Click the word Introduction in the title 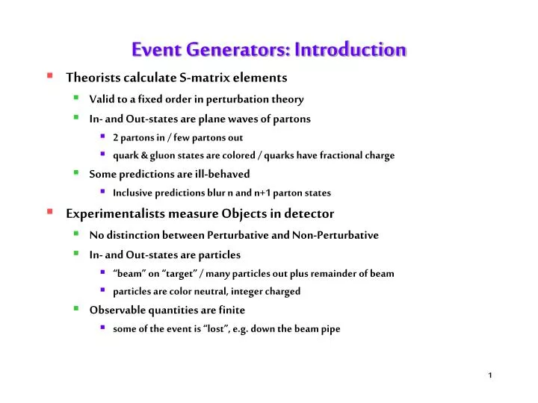click(350, 50)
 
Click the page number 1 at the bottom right click(489, 375)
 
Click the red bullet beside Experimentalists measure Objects click(49, 213)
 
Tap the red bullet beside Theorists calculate click(49, 76)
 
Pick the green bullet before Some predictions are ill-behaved click(77, 172)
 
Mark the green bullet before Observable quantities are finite click(77, 309)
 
